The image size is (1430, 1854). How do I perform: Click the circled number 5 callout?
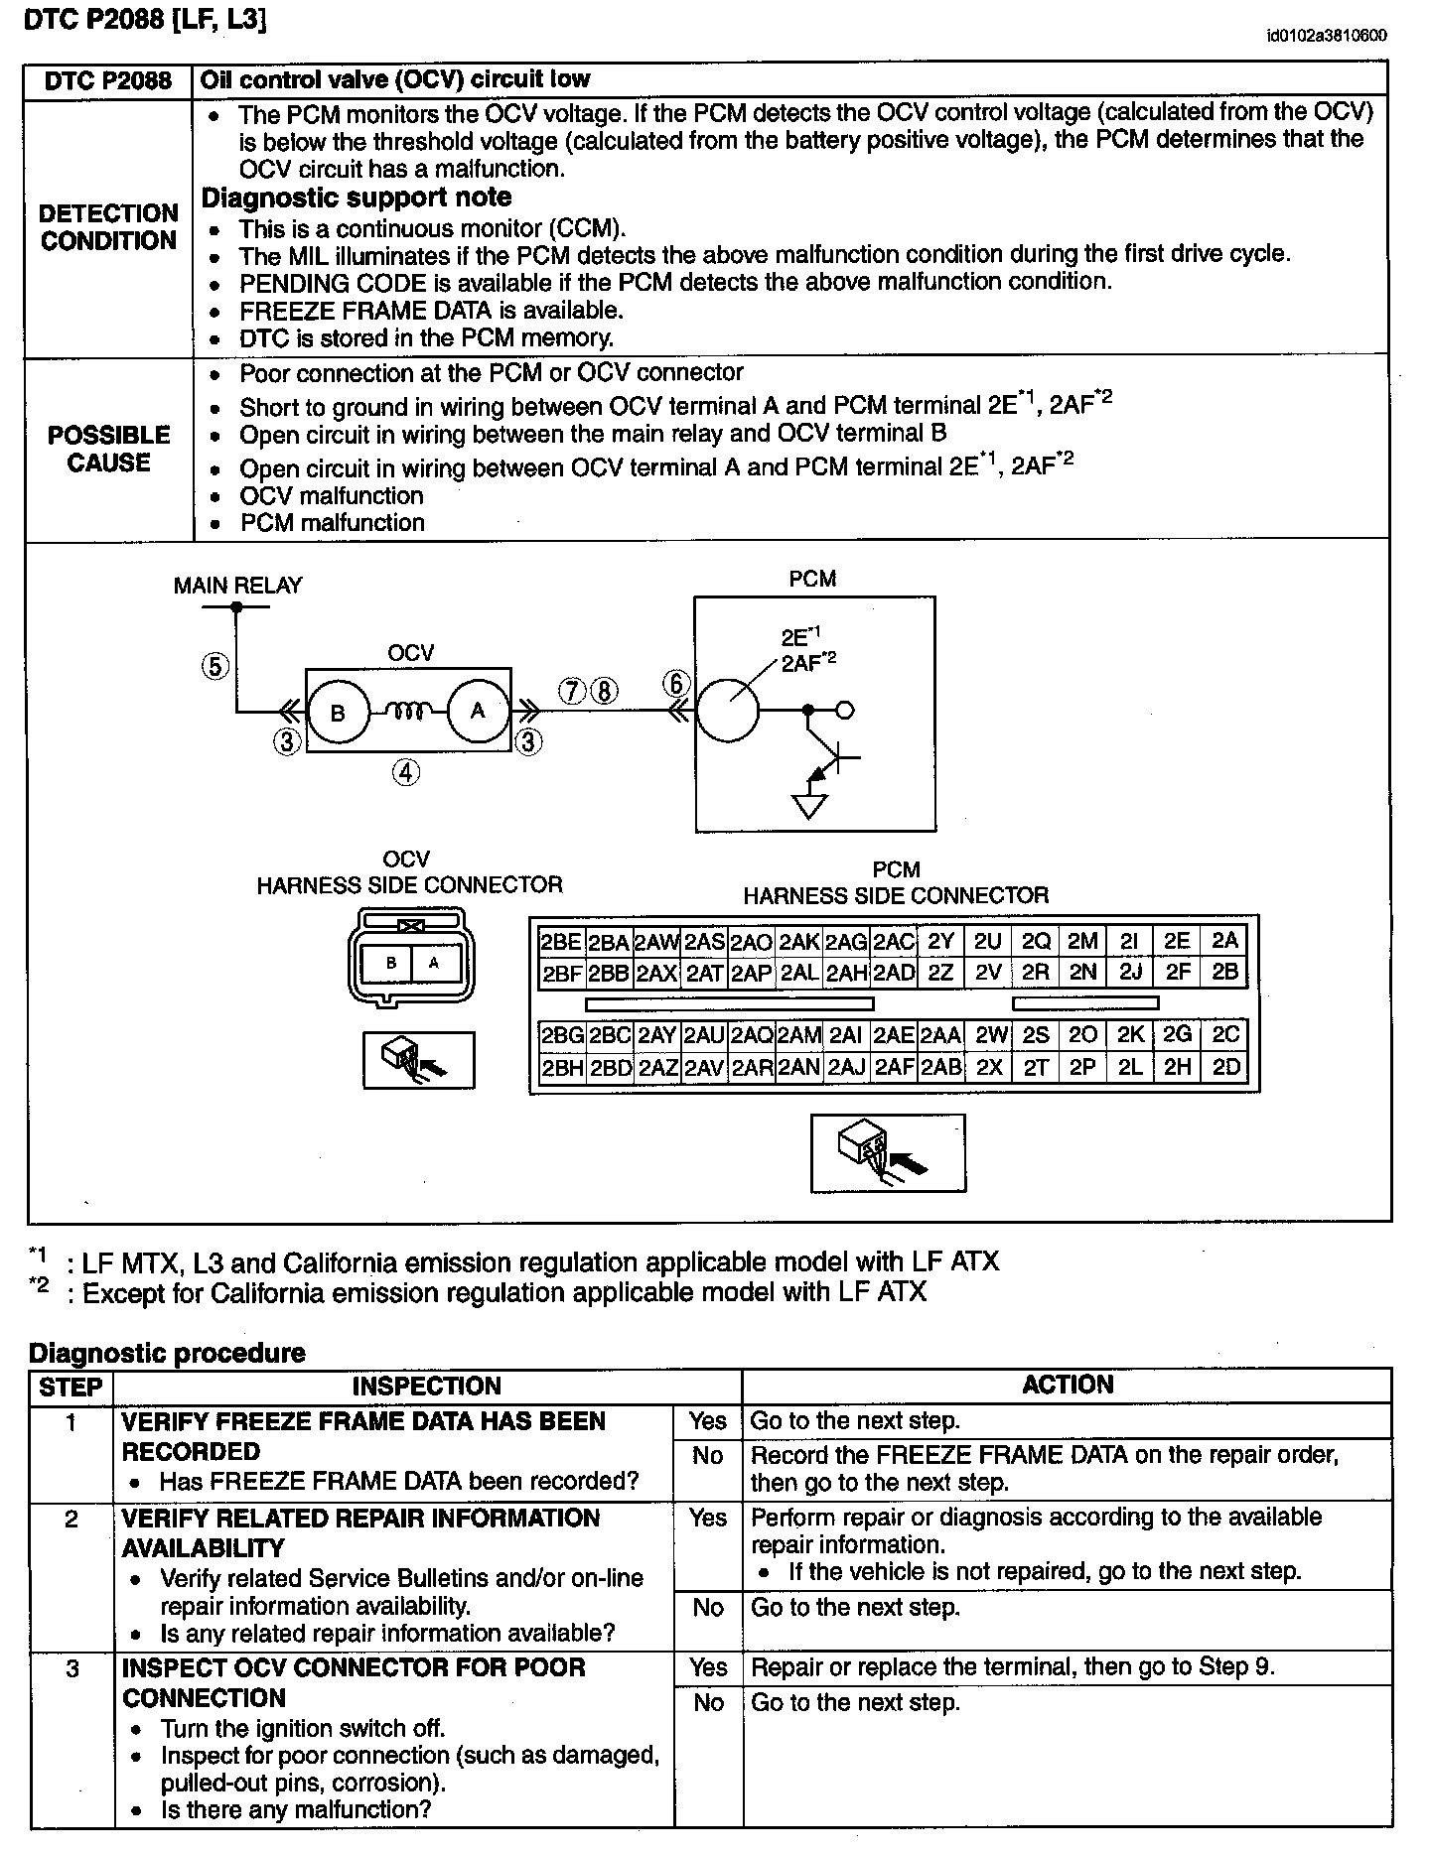(x=215, y=666)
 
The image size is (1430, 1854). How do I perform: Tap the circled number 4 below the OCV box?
(x=406, y=772)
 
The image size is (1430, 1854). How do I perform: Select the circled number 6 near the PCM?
(x=676, y=684)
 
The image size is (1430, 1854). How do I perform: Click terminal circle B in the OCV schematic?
(x=338, y=712)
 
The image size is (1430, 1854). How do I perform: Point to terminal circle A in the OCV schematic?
(x=478, y=711)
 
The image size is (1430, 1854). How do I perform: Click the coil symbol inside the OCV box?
(x=407, y=711)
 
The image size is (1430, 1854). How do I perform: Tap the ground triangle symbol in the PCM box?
(x=810, y=807)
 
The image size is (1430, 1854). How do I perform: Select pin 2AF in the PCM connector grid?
(x=894, y=1067)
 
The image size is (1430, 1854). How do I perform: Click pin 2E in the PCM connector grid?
(x=1177, y=941)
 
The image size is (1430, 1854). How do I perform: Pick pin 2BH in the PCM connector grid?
(x=562, y=1067)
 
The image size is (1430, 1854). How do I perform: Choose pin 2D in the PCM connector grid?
(x=1226, y=1067)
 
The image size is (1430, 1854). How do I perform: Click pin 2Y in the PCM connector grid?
(x=939, y=941)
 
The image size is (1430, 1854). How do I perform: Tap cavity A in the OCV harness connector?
(x=433, y=962)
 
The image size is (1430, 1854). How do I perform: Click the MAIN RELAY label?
(x=237, y=586)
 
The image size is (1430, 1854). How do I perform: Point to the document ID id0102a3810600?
(x=1327, y=37)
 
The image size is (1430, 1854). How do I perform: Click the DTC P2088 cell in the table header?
(x=108, y=80)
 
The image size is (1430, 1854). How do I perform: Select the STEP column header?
(x=71, y=1387)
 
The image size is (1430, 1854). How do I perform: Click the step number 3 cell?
(x=71, y=1668)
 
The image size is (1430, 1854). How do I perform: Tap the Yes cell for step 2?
(x=707, y=1518)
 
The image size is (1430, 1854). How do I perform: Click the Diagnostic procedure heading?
(x=167, y=1353)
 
